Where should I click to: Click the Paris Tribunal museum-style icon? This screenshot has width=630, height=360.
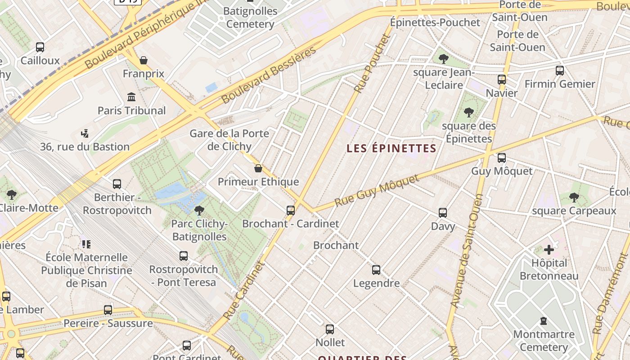[x=131, y=97]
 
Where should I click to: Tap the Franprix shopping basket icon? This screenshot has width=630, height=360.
[x=144, y=60]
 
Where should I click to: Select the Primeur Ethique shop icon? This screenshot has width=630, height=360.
[x=258, y=168]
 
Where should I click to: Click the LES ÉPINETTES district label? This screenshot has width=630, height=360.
[x=391, y=148]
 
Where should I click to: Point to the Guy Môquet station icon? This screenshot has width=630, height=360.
[x=502, y=158]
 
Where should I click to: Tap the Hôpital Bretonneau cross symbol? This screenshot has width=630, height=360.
[x=549, y=249]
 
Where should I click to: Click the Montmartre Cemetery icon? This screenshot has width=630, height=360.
[x=544, y=321]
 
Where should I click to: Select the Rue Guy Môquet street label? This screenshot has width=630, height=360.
[x=377, y=190]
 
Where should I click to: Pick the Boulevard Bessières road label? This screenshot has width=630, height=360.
[x=269, y=75]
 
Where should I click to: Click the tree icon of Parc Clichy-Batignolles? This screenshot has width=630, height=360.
[x=199, y=210]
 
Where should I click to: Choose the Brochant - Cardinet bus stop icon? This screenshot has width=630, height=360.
[x=291, y=210]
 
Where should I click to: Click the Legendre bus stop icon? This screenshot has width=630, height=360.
[x=376, y=270]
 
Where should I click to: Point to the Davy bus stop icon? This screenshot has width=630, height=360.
[x=443, y=213]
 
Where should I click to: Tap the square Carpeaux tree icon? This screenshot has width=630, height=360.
[x=574, y=197]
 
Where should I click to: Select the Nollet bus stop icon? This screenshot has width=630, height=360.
[x=330, y=329]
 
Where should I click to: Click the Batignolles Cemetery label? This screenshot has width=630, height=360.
[x=250, y=17]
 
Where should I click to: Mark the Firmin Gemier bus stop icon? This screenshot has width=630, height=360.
[x=560, y=71]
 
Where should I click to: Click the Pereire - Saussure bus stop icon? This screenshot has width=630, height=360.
[x=108, y=310]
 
